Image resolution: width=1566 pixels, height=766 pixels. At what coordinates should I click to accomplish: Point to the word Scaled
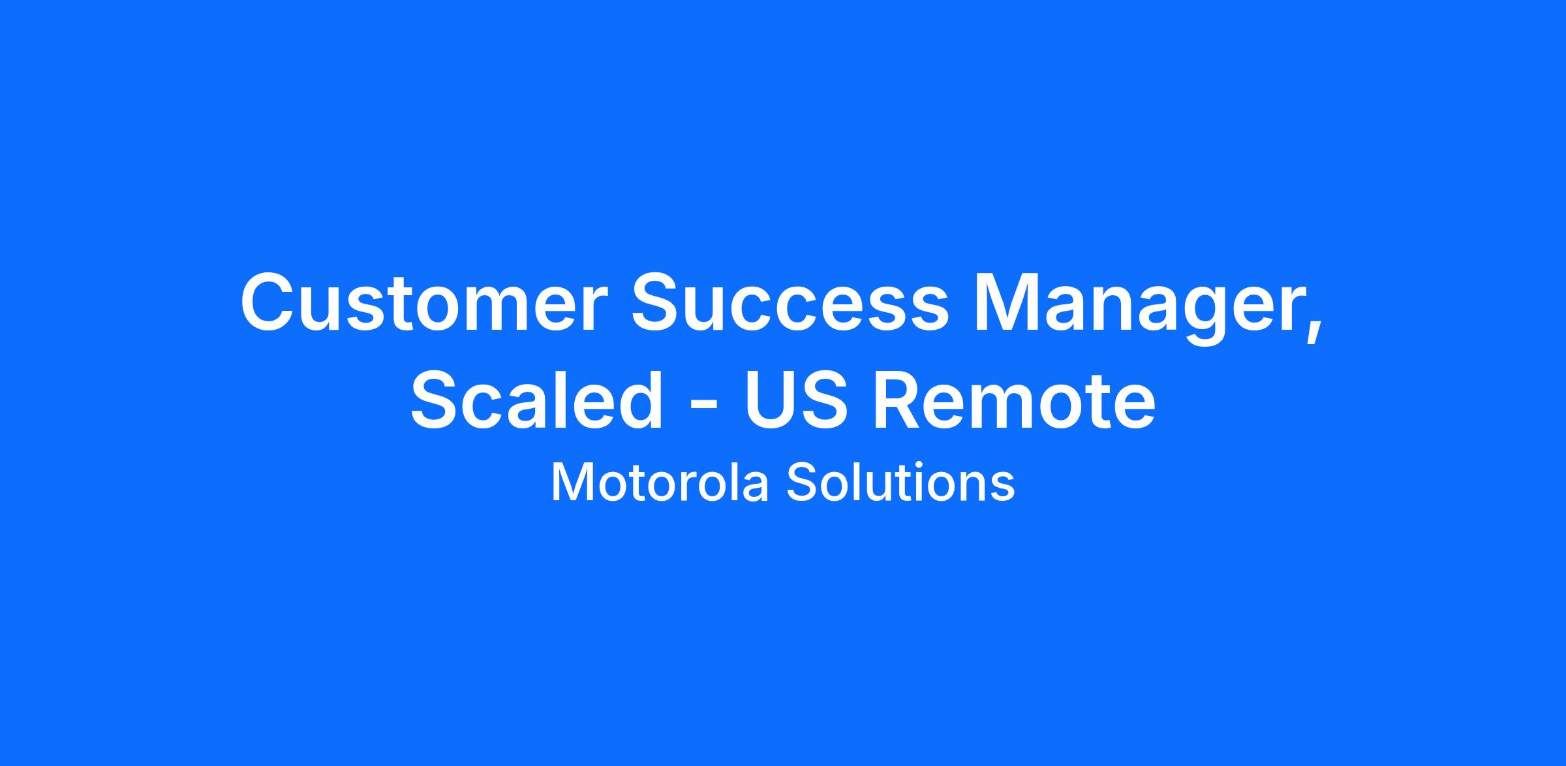click(x=536, y=400)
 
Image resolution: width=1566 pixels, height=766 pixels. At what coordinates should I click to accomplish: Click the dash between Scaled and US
click(x=705, y=406)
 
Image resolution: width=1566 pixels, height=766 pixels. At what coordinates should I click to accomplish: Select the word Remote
click(x=1014, y=400)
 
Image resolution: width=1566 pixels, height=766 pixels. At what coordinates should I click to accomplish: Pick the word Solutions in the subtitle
click(x=900, y=483)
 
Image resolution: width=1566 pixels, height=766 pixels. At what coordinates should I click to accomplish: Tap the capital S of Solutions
click(x=802, y=483)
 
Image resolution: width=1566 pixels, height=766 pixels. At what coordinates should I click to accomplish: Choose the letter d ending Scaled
click(x=639, y=400)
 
